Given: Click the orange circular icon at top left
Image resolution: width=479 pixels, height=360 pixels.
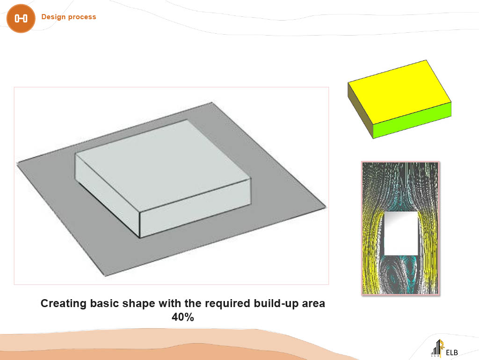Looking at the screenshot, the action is coord(21,18).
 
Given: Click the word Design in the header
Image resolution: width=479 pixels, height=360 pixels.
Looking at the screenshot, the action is coord(53,17).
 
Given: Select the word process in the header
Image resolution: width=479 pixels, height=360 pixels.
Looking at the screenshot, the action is coord(82,17).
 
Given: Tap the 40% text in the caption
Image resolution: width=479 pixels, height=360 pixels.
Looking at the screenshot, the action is coord(183,317).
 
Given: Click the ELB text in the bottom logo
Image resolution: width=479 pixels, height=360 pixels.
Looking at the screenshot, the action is coord(452,353).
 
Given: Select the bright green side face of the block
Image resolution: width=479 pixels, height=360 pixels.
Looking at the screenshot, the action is coord(412,120).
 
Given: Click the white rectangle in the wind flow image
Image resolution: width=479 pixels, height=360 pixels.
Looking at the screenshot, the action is coord(400,233).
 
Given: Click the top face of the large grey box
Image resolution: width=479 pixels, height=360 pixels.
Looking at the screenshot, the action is coord(163,165).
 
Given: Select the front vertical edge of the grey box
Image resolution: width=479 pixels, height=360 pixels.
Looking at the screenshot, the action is coord(139,225).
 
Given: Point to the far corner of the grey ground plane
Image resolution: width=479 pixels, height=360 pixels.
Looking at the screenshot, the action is coord(212,103).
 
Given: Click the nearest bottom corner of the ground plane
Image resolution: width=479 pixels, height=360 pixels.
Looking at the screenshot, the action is coord(106,276).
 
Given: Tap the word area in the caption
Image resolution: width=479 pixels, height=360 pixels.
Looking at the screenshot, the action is coord(313,304).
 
